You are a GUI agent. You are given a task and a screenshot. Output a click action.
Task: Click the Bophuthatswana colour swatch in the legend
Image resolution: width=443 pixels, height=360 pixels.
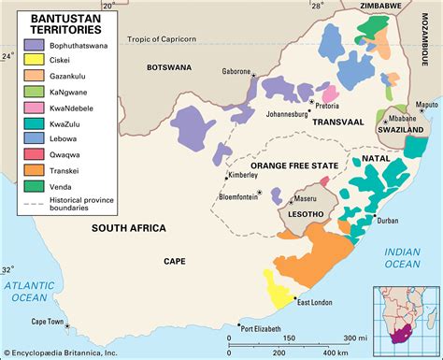click(x=34, y=44)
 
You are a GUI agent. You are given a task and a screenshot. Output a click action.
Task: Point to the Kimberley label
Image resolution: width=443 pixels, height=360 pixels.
click(x=246, y=175)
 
